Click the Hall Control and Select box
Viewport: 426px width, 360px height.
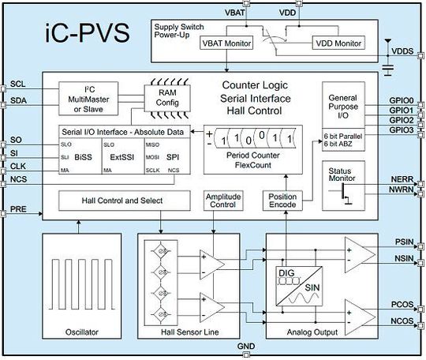[121, 201]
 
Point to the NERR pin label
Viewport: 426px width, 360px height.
[402, 181]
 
